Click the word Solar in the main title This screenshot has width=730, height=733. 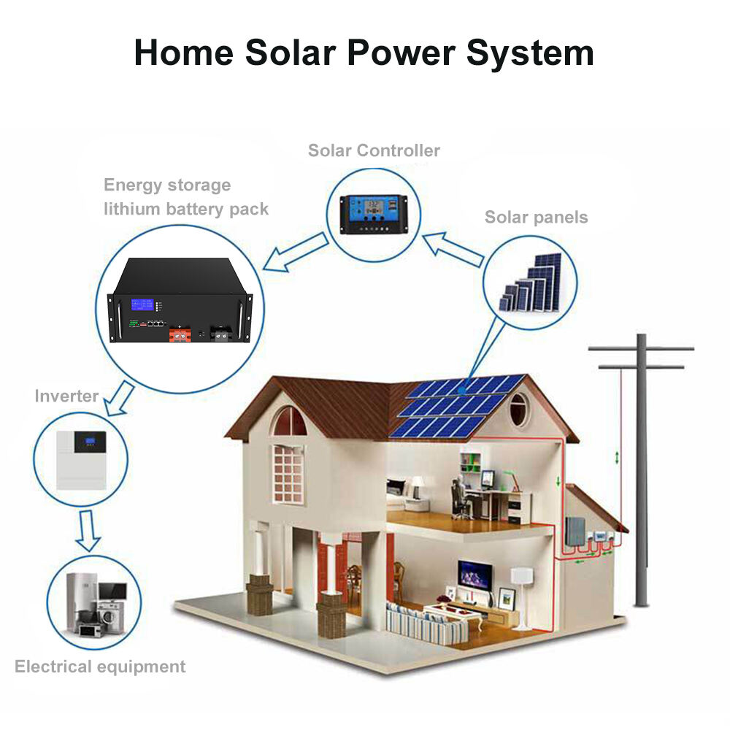(291, 53)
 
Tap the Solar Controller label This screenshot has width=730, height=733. (374, 150)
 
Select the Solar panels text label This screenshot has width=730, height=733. (536, 217)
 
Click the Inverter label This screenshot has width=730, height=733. (66, 396)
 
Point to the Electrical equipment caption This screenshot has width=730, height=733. (100, 667)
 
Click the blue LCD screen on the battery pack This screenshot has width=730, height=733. (142, 304)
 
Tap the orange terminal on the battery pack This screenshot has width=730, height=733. (180, 334)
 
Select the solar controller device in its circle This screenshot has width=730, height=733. (374, 214)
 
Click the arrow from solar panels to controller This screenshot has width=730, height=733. (453, 250)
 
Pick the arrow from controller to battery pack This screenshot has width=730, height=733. (296, 253)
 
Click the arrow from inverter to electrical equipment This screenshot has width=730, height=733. (88, 531)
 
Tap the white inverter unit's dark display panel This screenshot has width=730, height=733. (91, 442)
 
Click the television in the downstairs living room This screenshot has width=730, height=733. (474, 575)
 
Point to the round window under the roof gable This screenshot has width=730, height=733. (518, 410)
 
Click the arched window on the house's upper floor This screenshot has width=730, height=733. (290, 421)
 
